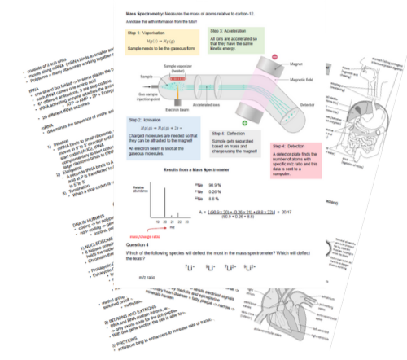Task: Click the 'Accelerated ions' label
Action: pos(214,105)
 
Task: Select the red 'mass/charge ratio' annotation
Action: pos(147,235)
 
